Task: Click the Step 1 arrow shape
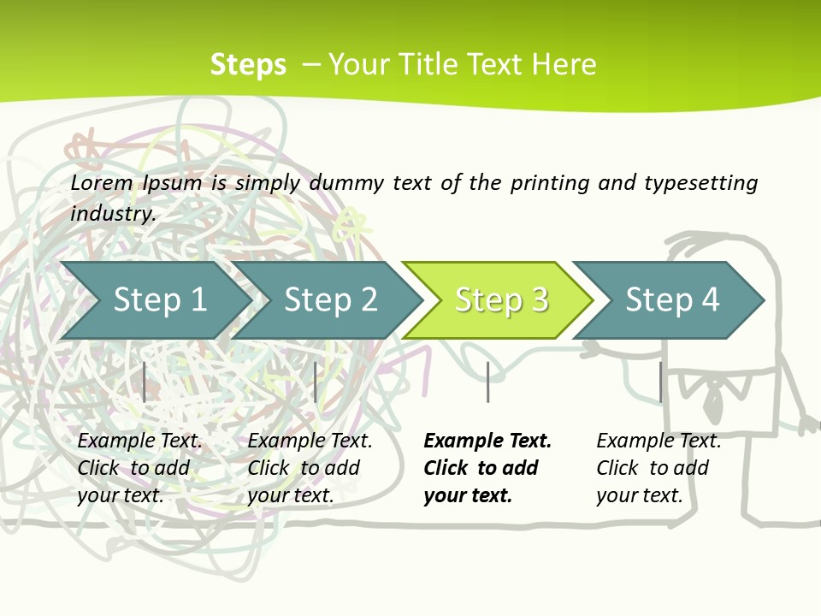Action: tap(154, 300)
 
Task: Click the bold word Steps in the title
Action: tap(248, 65)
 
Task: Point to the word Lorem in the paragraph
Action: tap(102, 182)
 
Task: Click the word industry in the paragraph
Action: tap(112, 213)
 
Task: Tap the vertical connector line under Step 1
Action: tap(145, 382)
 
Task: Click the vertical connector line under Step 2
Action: tap(316, 382)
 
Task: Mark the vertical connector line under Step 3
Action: tap(487, 382)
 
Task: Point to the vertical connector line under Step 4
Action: tap(660, 382)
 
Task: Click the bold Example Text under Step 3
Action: tap(487, 441)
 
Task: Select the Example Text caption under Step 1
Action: tap(139, 441)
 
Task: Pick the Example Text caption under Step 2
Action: tap(310, 441)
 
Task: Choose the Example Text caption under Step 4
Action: tap(659, 441)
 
